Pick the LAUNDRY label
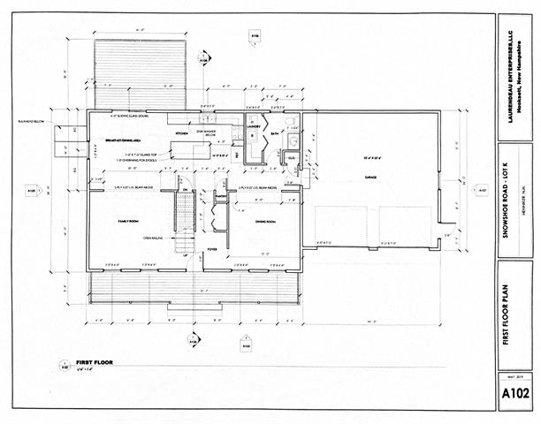253,125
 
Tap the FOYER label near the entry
212,249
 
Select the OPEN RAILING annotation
156,238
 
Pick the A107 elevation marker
482,190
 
